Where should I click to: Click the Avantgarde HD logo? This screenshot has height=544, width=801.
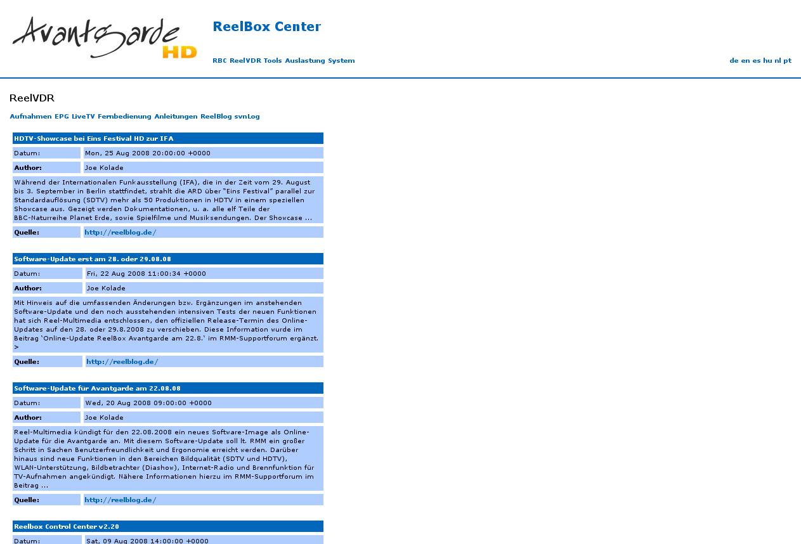(x=105, y=38)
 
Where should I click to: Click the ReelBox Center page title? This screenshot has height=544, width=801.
(x=266, y=27)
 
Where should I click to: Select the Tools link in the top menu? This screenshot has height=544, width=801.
(x=273, y=61)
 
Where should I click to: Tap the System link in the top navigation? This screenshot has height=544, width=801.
(x=341, y=61)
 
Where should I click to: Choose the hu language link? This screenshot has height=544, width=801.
(x=767, y=61)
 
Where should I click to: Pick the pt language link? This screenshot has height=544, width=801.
(x=787, y=61)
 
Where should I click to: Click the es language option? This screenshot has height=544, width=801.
(x=756, y=61)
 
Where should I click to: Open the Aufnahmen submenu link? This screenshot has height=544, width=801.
(x=30, y=117)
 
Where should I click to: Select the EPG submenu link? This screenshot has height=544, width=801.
(x=62, y=117)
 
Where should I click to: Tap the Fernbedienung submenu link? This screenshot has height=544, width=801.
(x=124, y=117)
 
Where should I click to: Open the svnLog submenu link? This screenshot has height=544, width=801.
(x=247, y=117)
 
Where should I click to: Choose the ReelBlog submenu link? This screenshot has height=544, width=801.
(x=216, y=117)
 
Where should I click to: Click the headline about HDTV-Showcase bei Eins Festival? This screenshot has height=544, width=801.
(x=94, y=138)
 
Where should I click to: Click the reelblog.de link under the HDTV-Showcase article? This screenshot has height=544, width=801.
(x=120, y=233)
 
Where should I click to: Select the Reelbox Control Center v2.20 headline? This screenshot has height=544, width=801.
(x=67, y=527)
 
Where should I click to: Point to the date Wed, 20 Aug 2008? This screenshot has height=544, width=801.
(x=148, y=403)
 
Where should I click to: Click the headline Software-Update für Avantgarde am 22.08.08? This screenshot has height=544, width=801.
(x=97, y=389)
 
